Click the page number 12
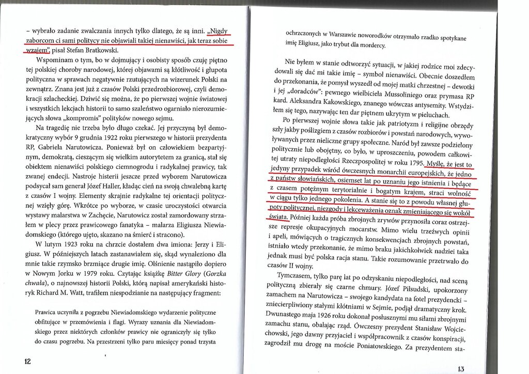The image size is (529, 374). point(27,361)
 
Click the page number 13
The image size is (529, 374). point(461,369)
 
